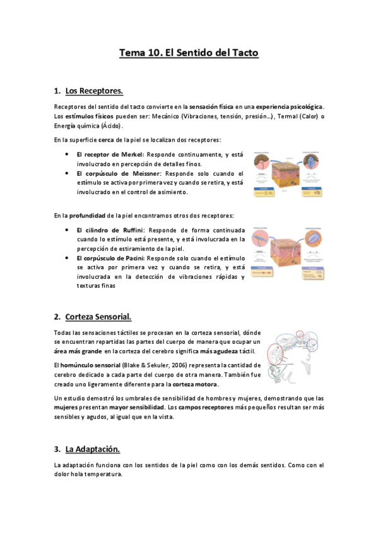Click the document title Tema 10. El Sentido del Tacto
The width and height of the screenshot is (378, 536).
click(189, 53)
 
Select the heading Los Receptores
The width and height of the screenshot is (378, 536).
click(94, 90)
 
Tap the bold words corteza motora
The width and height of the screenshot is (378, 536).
click(196, 384)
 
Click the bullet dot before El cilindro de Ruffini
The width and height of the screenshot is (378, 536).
click(67, 229)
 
